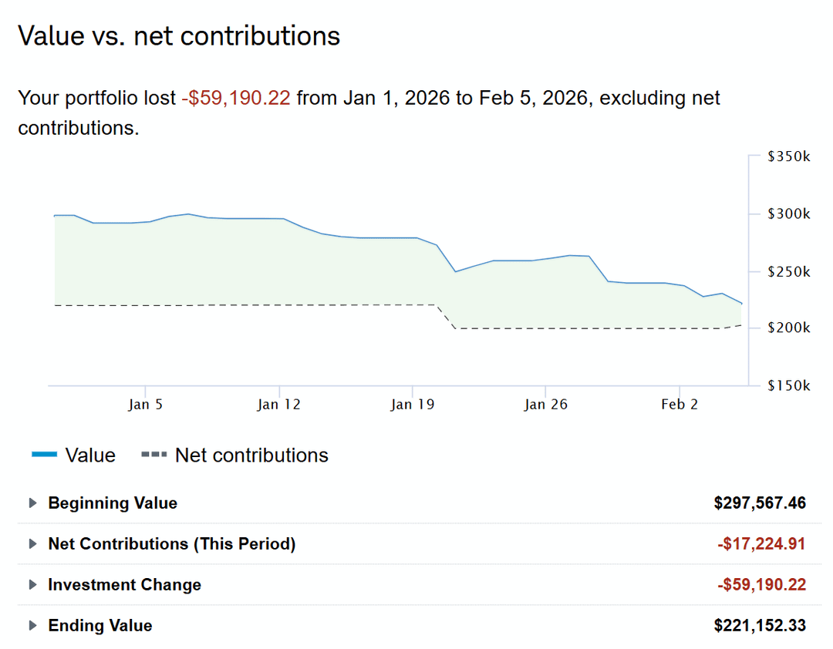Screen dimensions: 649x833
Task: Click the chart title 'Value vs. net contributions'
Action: tap(179, 36)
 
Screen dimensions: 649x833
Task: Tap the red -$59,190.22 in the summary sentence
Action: tap(236, 99)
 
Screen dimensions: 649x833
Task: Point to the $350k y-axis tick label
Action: tap(789, 156)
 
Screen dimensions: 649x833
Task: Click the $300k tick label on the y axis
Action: tap(789, 214)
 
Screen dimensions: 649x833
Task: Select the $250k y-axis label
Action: tap(789, 271)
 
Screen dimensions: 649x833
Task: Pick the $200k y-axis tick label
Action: tap(789, 328)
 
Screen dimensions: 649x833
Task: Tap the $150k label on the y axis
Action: tap(789, 385)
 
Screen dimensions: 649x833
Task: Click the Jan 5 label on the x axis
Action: tap(145, 405)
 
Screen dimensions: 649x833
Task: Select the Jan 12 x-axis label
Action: tap(279, 405)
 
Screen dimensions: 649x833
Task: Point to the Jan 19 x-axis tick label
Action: tap(413, 405)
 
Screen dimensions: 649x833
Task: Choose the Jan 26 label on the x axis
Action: tap(545, 405)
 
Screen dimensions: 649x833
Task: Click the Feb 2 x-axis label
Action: tap(680, 405)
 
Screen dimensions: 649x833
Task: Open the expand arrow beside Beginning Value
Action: tap(32, 503)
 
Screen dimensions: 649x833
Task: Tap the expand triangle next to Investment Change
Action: tap(32, 584)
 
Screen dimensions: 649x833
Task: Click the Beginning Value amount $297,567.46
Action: tap(760, 503)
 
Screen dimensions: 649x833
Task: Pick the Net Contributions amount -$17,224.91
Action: tap(761, 544)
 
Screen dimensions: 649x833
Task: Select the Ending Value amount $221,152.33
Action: tap(760, 625)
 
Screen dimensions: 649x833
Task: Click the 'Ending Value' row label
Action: tap(100, 625)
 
